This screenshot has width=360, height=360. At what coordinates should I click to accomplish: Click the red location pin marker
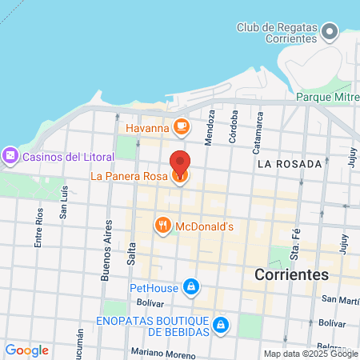pyautogui.click(x=181, y=164)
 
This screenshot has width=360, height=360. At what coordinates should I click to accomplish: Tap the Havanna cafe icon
pyautogui.click(x=182, y=126)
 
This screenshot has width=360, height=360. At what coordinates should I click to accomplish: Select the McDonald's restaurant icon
pyautogui.click(x=162, y=226)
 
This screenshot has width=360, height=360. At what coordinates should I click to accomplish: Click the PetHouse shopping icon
pyautogui.click(x=190, y=286)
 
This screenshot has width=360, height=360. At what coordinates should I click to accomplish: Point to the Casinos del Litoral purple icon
pyautogui.click(x=11, y=155)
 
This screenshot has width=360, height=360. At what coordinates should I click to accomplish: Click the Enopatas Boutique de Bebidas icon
pyautogui.click(x=222, y=325)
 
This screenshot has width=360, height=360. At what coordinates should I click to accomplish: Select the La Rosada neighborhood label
pyautogui.click(x=290, y=163)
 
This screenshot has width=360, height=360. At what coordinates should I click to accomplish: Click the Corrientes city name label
pyautogui.click(x=291, y=274)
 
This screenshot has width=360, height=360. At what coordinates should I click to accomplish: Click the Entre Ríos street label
pyautogui.click(x=38, y=226)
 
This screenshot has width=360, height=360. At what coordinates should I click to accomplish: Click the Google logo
pyautogui.click(x=26, y=350)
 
